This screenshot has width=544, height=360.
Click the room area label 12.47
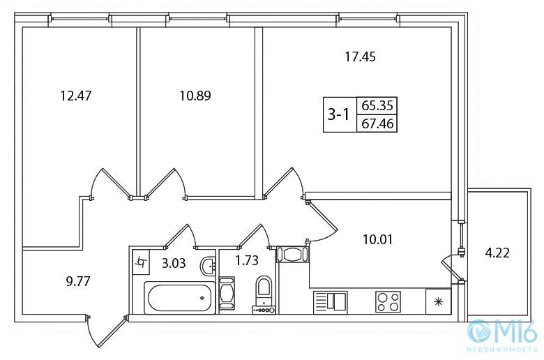click(77, 95)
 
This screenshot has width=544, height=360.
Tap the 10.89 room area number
click(195, 95)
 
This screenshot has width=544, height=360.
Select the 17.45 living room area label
click(360, 57)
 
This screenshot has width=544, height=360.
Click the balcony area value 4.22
click(497, 253)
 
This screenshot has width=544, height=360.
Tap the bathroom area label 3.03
click(174, 263)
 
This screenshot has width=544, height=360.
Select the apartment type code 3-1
click(338, 115)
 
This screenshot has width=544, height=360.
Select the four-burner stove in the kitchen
click(388, 301)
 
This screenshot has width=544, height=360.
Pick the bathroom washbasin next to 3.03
click(207, 266)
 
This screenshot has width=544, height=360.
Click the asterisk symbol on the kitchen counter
click(438, 301)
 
